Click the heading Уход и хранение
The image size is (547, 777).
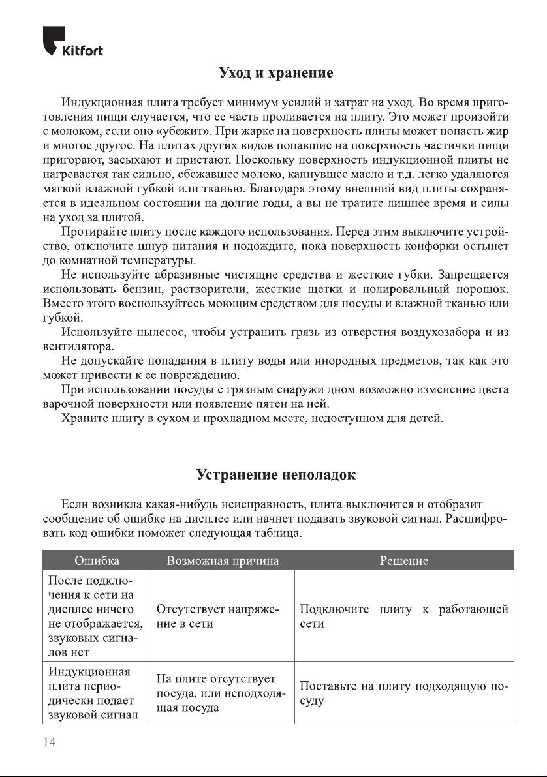click(x=276, y=72)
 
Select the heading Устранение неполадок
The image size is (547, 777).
click(x=276, y=474)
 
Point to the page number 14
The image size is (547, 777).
click(x=50, y=742)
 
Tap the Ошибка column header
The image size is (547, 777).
click(x=97, y=560)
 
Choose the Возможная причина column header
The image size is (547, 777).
click(x=223, y=560)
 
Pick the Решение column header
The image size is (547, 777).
click(x=403, y=560)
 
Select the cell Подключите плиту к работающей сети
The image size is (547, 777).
click(x=403, y=617)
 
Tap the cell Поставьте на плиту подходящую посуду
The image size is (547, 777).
click(x=403, y=693)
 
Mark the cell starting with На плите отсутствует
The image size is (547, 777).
click(x=222, y=693)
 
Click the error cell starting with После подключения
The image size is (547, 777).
click(x=91, y=617)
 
